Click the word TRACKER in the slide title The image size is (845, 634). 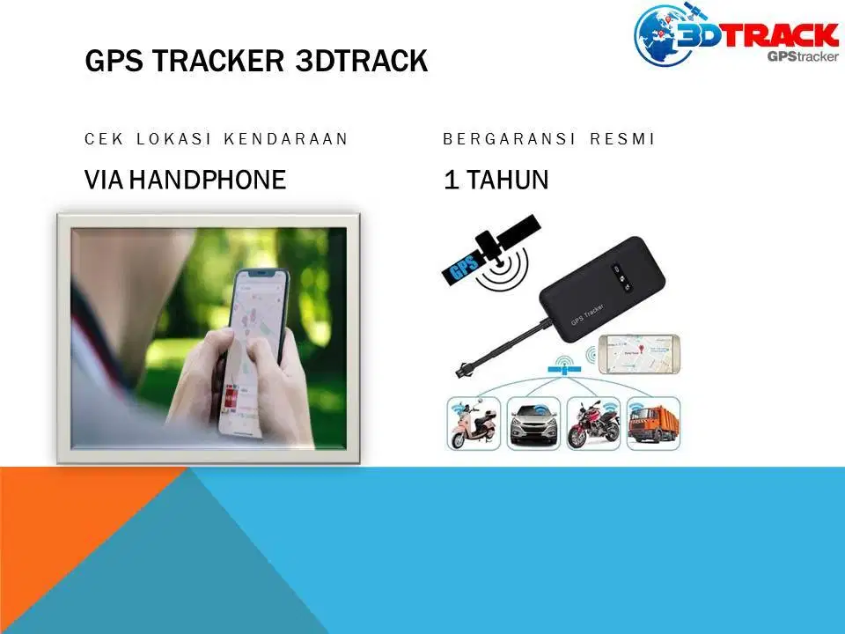click(217, 61)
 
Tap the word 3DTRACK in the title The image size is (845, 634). click(362, 61)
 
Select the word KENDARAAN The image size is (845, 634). click(285, 139)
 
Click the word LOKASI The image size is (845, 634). click(173, 139)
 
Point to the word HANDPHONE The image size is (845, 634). click(208, 180)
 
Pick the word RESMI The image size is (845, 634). click(622, 139)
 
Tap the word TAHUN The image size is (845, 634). click(507, 180)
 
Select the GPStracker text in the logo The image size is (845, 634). click(803, 56)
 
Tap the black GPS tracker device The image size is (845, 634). click(602, 289)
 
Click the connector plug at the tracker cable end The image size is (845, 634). click(462, 371)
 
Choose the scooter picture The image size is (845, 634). click(474, 424)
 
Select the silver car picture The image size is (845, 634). click(533, 424)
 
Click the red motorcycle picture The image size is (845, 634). click(593, 424)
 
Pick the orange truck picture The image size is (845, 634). click(654, 424)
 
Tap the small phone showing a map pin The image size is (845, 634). click(640, 354)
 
